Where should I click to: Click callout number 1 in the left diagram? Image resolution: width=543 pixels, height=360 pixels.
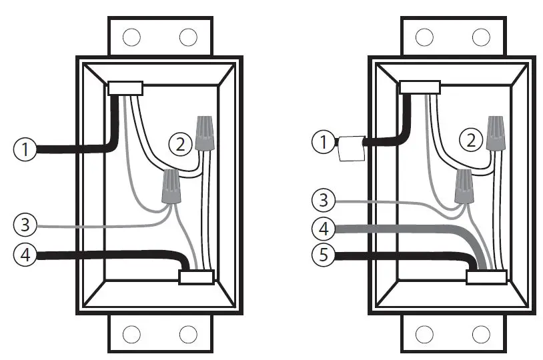[x=25, y=149]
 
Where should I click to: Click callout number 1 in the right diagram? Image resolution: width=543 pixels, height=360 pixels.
[x=324, y=141]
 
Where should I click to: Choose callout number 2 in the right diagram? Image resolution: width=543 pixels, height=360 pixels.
[x=472, y=140]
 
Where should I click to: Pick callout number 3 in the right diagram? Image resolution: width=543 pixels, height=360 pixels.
[x=324, y=200]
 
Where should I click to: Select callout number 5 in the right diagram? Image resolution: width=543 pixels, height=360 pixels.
[x=324, y=256]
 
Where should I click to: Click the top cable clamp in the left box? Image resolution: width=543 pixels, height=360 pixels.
[x=125, y=88]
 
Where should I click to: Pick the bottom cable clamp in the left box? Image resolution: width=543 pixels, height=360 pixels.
[x=196, y=277]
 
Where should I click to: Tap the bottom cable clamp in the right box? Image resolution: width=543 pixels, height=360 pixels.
[x=485, y=277]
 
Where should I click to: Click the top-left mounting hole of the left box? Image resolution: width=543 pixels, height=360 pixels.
[x=132, y=37]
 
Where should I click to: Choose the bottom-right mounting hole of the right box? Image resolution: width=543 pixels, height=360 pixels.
[x=480, y=333]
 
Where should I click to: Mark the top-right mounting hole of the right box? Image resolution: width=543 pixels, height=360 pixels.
[x=480, y=36]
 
